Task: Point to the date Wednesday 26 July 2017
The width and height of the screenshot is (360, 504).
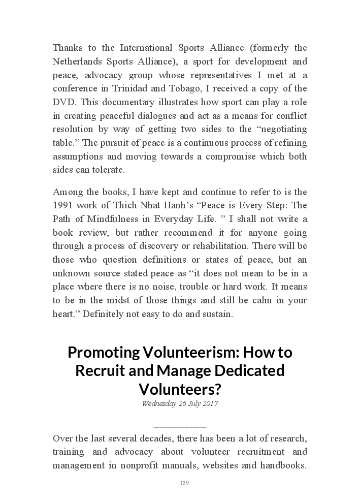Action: [x=180, y=404]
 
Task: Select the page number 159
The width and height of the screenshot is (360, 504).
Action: [x=184, y=483]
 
